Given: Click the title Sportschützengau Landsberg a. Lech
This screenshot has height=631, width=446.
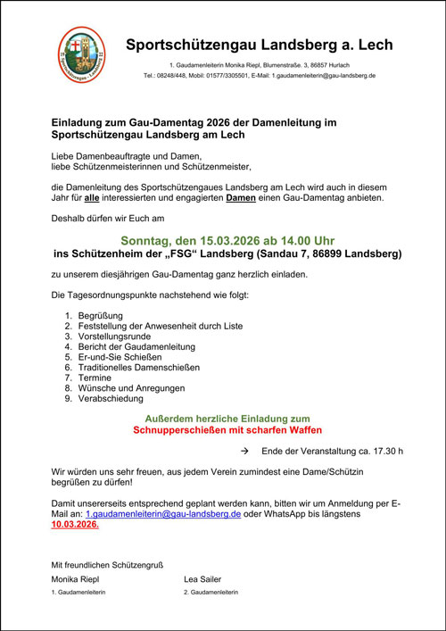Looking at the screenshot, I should pos(259,44).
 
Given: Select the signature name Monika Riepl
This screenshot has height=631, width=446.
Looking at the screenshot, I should pos(76,579).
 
